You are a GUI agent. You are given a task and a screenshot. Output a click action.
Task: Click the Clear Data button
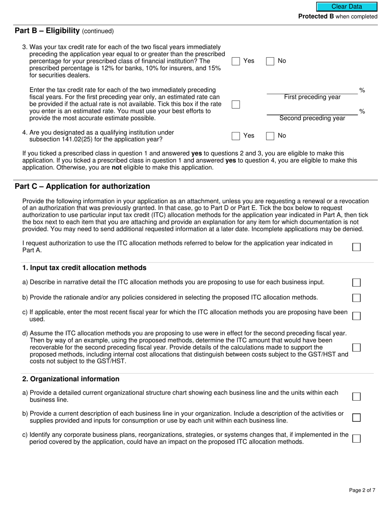coord(347,7)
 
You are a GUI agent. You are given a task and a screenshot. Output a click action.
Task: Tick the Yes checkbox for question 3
coord(236,61)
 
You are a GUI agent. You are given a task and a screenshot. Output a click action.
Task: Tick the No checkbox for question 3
coord(270,61)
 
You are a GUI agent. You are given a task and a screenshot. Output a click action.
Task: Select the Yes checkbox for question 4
coord(236,136)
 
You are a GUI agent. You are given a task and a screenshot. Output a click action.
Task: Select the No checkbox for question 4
coord(270,136)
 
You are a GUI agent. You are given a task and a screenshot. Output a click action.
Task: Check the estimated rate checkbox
coord(236,104)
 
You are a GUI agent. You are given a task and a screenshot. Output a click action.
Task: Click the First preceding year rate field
coord(312,90)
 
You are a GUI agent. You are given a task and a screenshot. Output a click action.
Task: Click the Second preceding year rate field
coord(312,111)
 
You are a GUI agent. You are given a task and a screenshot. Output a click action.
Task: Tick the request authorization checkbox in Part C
coord(356,247)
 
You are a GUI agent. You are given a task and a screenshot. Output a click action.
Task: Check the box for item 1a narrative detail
coord(356,283)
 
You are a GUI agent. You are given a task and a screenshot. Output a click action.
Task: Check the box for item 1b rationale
coord(356,298)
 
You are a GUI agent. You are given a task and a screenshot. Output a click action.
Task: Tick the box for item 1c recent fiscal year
coord(356,316)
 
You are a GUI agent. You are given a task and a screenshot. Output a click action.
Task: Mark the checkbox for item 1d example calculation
coord(356,348)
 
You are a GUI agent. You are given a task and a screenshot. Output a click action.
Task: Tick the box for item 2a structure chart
coord(356,397)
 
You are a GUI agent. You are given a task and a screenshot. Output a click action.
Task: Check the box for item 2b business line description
coord(356,418)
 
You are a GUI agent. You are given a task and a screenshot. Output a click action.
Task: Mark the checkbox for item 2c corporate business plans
coord(356,439)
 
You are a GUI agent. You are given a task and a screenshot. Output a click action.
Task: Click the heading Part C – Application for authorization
coord(82,186)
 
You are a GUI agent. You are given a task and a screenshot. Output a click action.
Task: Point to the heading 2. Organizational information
coord(71,379)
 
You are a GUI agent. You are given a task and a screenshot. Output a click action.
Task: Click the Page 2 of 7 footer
coord(362,490)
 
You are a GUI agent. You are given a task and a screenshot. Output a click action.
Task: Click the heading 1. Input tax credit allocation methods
coord(84,268)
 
